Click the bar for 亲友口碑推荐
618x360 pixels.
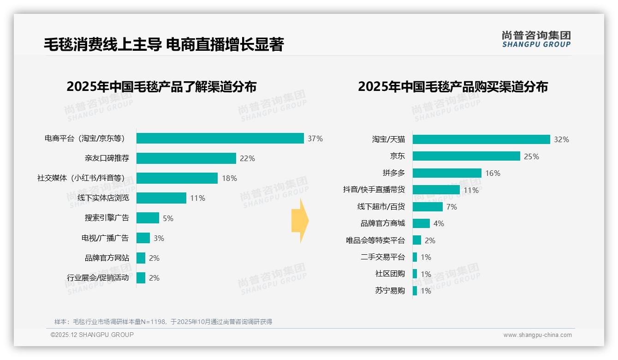(x=186, y=158)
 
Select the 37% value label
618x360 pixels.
(x=315, y=138)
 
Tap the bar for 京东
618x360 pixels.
(x=466, y=156)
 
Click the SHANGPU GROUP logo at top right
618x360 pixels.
(x=536, y=39)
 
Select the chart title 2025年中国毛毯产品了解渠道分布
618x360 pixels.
(x=161, y=87)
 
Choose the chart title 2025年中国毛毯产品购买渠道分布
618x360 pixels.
(x=452, y=87)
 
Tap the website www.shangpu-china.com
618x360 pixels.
(x=537, y=335)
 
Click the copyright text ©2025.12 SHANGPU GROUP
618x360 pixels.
(x=92, y=335)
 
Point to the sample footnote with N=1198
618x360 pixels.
(x=163, y=322)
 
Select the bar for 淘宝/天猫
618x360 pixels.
(x=481, y=139)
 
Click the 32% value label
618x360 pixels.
(x=561, y=139)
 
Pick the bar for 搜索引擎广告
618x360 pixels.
(x=148, y=218)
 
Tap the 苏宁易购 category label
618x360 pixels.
(x=390, y=291)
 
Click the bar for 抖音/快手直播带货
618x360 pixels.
(x=436, y=190)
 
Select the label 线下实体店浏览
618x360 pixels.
(x=103, y=198)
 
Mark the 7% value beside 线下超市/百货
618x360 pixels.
(x=452, y=207)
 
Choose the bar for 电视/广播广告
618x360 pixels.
(x=143, y=238)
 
